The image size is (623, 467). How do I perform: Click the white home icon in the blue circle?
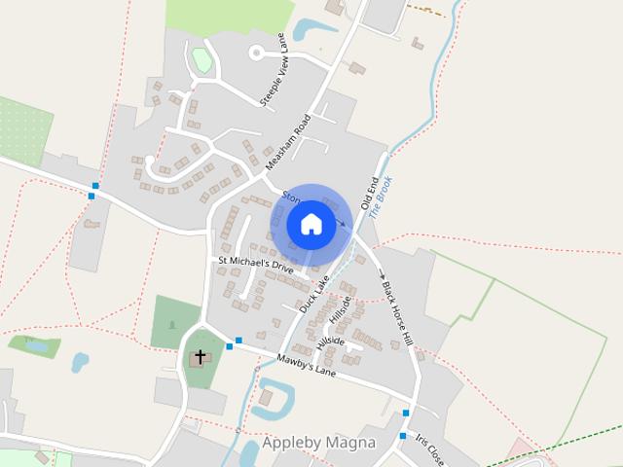311,224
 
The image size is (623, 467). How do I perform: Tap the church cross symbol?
201,357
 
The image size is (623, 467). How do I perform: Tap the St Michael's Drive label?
255,264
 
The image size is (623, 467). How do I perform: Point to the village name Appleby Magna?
318,443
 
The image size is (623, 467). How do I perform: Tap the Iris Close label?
427,449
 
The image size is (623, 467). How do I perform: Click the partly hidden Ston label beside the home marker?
290,198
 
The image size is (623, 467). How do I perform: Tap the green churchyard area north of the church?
174,322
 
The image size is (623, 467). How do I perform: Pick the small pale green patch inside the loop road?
202,60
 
